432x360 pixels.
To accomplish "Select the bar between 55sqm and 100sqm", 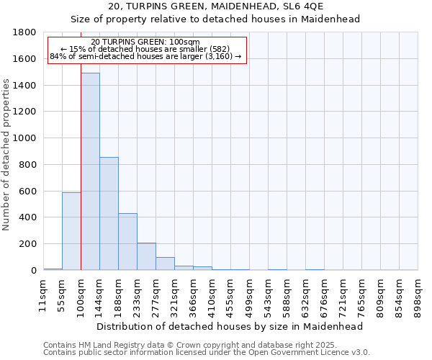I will click(x=71, y=231).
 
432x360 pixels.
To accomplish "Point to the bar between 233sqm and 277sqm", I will click(x=146, y=256).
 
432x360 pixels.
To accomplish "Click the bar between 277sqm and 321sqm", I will click(x=165, y=264).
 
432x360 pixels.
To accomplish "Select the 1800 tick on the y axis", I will click(x=26, y=32).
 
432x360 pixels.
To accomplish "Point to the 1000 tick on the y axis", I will click(x=26, y=138).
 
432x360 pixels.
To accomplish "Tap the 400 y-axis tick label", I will click(x=29, y=217).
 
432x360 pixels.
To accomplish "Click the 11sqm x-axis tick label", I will click(x=43, y=294).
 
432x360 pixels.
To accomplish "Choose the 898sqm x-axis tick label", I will click(x=418, y=294).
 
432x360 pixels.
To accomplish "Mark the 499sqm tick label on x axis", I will click(x=249, y=294).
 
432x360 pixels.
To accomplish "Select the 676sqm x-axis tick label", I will click(x=324, y=294).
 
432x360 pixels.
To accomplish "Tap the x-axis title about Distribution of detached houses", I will click(x=230, y=326).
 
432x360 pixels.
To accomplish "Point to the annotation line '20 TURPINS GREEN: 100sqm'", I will click(x=146, y=42).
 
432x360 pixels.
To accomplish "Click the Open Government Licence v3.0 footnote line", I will click(x=207, y=352).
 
